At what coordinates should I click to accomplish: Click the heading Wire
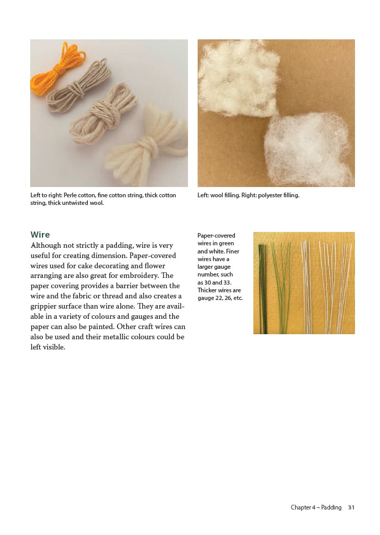[x=40, y=235]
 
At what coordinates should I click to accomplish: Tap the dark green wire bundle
[x=263, y=289]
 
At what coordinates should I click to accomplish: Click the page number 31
[x=351, y=507]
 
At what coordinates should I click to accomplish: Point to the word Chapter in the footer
[x=300, y=507]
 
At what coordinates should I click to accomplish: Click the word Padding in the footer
[x=331, y=508]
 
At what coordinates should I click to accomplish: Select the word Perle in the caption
[x=70, y=195]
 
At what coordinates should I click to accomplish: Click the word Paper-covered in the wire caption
[x=216, y=236]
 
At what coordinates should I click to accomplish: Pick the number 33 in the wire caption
[x=227, y=283]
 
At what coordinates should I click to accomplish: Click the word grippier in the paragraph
[x=44, y=307]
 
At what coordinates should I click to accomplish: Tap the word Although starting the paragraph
[x=45, y=246]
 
